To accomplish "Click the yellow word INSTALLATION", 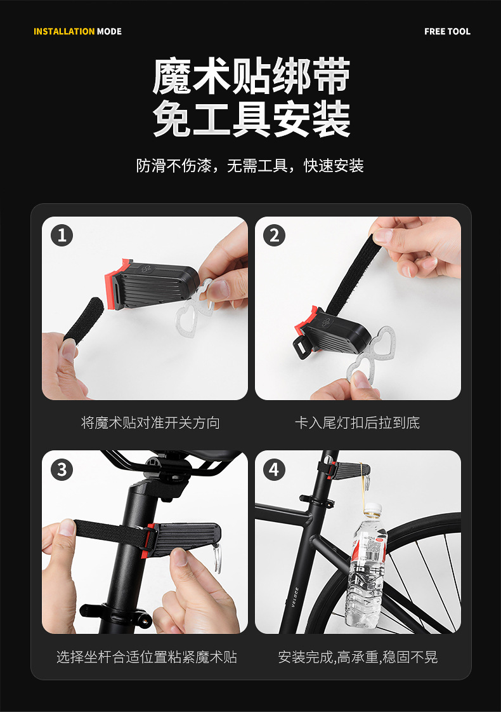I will click(x=63, y=31).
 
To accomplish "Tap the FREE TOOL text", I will click(x=447, y=31).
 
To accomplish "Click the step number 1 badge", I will click(x=62, y=236).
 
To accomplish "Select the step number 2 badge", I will click(x=274, y=236).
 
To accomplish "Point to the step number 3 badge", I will click(x=62, y=470).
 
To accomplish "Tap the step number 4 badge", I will click(x=274, y=470).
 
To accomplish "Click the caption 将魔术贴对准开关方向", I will click(x=150, y=423).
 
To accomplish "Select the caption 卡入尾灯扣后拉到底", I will click(x=357, y=423).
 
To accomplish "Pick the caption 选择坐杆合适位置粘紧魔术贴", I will click(x=146, y=657).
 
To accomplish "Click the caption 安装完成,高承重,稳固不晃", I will click(x=358, y=657).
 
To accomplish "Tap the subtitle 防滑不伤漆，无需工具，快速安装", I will click(x=250, y=166).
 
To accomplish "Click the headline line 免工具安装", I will click(x=251, y=119).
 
